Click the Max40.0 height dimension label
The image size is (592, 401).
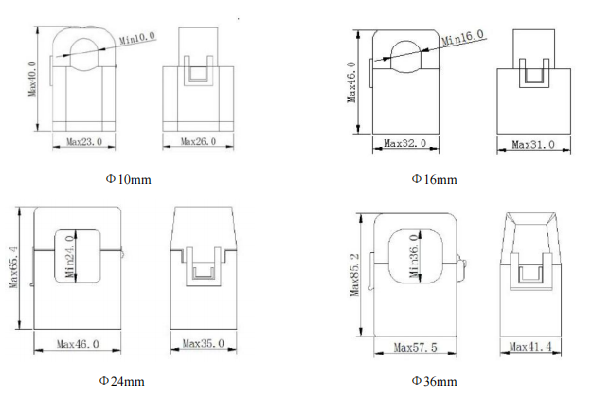32,79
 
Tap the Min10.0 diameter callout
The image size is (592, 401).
137,38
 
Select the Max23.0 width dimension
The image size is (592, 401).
84,142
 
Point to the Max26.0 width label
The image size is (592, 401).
198,142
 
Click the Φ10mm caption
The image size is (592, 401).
129,179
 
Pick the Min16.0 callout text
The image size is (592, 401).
462,37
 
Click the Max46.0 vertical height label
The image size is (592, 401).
351,82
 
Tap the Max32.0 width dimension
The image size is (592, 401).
404,143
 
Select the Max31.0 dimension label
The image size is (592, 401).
533,145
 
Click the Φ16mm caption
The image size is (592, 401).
434,179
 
